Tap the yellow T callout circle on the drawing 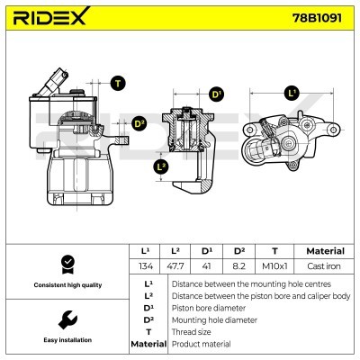click(118, 83)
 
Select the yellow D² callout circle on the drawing click(139, 123)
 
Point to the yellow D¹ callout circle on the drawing click(216, 94)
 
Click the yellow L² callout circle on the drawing click(160, 167)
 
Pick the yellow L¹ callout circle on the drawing click(291, 93)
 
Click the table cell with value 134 click(146, 265)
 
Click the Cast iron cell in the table click(325, 265)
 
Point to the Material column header click(325, 250)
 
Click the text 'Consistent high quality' click(66, 285)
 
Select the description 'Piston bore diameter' click(206, 307)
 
